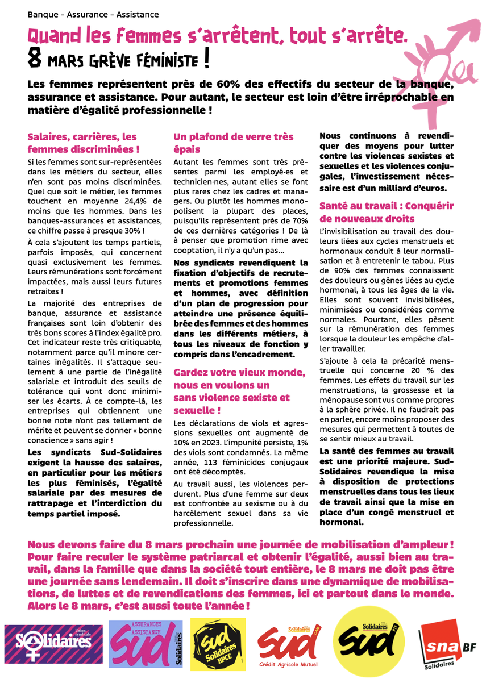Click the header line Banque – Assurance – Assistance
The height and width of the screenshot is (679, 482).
click(x=93, y=15)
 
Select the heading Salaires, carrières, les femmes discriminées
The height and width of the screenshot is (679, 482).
click(x=84, y=144)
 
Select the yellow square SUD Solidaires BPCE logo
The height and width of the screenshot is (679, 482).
click(x=218, y=645)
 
